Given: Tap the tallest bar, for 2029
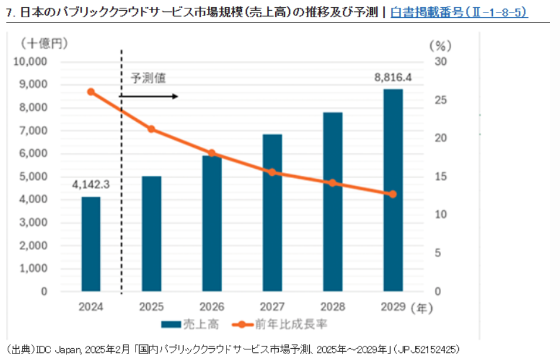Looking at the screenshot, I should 393,190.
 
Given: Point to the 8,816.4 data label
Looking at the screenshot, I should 392,76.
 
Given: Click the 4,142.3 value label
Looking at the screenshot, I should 91,185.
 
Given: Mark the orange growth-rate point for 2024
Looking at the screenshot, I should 91,91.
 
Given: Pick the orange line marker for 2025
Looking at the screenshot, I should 151,129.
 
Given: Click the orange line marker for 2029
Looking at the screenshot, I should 393,194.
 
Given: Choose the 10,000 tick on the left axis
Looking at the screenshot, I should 30,61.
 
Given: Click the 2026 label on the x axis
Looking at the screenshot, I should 212,308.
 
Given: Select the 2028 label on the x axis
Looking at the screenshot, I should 332,308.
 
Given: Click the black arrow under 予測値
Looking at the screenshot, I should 149,96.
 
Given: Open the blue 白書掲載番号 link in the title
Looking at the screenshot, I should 458,12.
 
